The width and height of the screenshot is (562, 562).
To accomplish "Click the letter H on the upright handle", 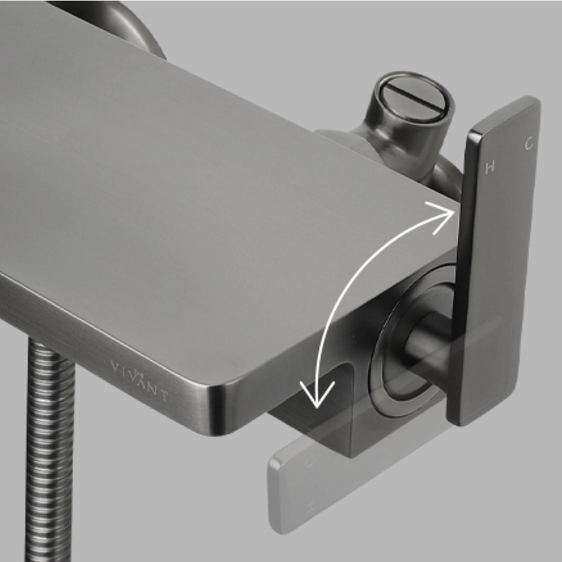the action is coord(490,167).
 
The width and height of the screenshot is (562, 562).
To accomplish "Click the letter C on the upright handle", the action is coord(528,144).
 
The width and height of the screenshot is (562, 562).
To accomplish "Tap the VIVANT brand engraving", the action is coord(139,381).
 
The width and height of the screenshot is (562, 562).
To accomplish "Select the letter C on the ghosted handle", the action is coord(310,462).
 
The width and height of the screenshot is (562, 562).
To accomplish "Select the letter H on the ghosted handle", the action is coord(312,506).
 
